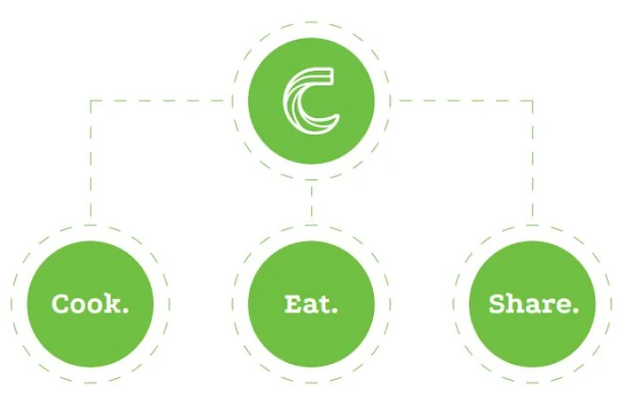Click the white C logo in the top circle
[311, 99]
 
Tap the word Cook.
[90, 304]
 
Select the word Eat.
[311, 304]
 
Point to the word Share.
[534, 304]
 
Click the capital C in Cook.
[61, 304]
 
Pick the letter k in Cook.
[112, 303]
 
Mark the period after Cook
[126, 311]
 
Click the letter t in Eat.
[325, 304]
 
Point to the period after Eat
[335, 311]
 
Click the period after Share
[576, 311]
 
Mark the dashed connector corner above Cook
[90, 100]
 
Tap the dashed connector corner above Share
[532, 100]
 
